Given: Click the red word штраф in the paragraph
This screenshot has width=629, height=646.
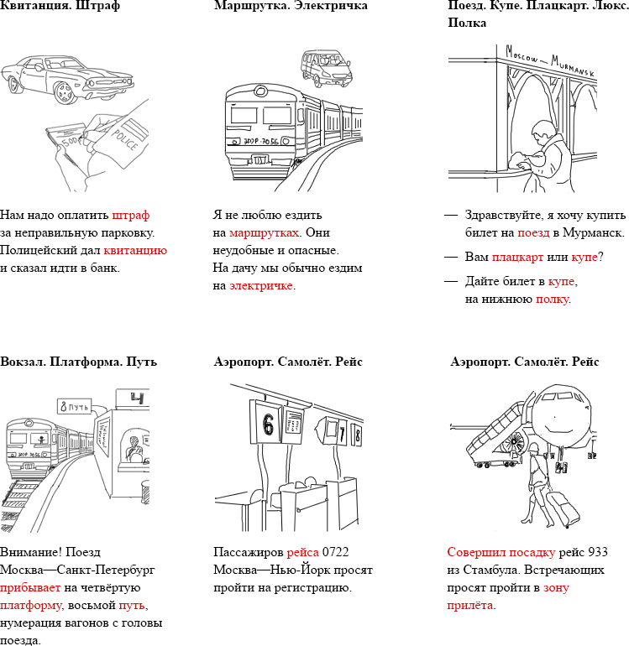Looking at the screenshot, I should [x=131, y=214].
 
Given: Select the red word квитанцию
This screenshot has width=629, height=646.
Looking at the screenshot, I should [x=135, y=250].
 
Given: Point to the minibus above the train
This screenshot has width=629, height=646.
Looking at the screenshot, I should [x=324, y=66].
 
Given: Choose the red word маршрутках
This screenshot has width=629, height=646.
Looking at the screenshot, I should [x=265, y=232].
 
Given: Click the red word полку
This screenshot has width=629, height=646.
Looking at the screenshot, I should [x=552, y=299].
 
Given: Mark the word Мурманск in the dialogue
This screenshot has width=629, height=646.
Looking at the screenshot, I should [x=594, y=232].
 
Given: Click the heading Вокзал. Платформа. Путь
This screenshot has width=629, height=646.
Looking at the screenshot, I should [x=79, y=362].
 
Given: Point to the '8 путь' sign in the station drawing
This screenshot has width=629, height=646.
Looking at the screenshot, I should [x=73, y=407].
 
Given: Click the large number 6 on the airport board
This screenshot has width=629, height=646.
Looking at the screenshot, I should [x=268, y=425].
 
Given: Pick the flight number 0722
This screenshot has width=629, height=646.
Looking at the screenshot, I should [x=335, y=552].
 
